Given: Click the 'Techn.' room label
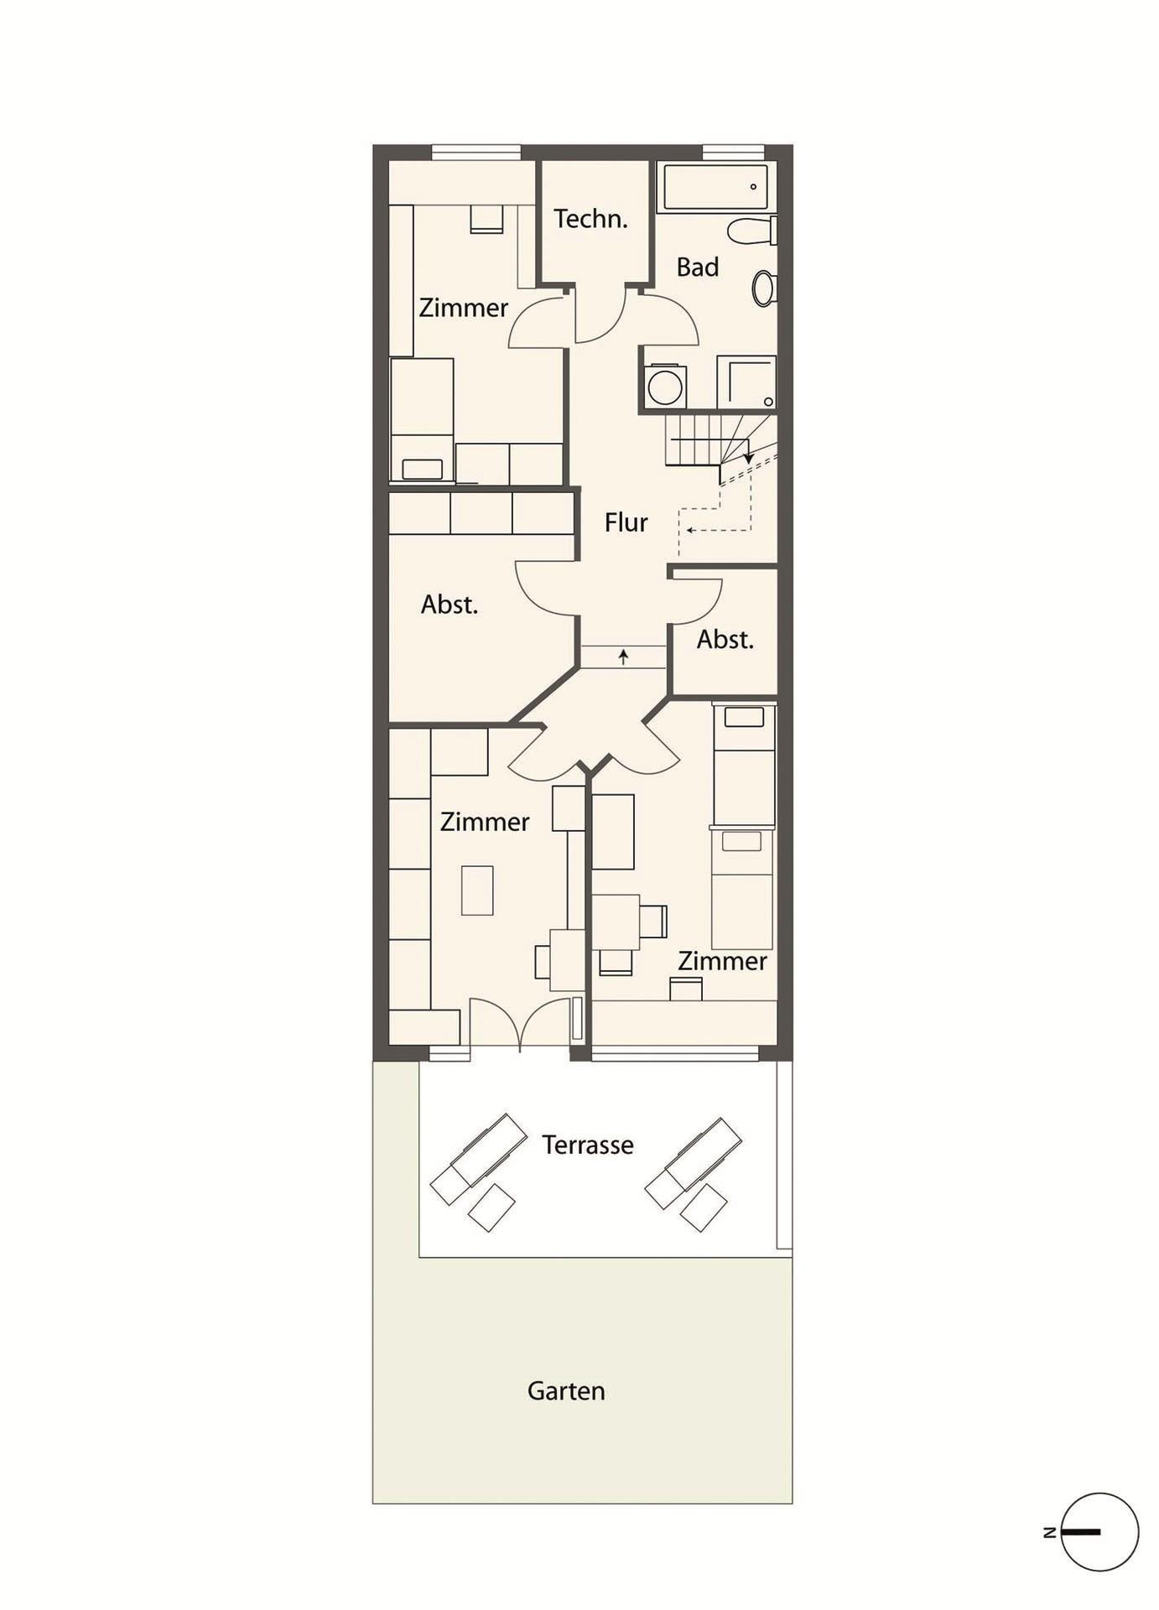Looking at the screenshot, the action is coord(590,219).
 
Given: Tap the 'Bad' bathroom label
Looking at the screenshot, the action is coord(698,267).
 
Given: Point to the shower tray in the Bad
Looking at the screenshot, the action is coord(746,382).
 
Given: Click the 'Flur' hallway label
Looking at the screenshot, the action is coord(626,522).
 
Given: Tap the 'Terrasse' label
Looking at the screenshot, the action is coord(587,1145).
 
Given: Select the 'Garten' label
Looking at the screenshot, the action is coord(566,1391).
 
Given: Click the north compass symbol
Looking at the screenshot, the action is coord(1099,1532).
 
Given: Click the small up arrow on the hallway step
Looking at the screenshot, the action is coord(623,657).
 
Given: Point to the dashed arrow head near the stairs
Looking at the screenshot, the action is coord(690,530).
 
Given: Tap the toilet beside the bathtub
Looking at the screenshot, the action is coord(752,231).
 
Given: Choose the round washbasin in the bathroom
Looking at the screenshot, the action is coord(763,288).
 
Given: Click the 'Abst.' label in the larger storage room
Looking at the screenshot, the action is coord(450,605).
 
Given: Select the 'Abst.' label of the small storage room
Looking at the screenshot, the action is coord(725,640).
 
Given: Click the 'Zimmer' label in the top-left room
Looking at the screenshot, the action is coord(464,308).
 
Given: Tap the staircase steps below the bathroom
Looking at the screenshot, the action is coord(721,440).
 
